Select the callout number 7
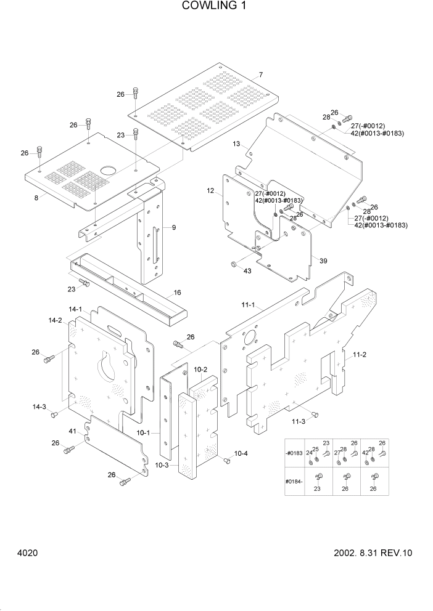(261, 75)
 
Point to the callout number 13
(236, 144)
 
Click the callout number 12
(210, 192)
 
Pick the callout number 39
(323, 261)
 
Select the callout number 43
(247, 271)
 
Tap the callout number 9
(174, 227)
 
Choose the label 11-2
(360, 355)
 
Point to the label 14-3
(39, 407)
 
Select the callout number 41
(72, 431)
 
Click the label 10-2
(200, 370)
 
